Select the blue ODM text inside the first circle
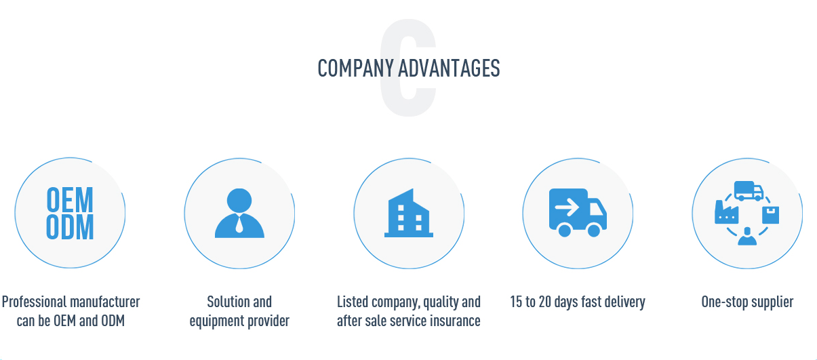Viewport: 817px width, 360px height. click(x=70, y=228)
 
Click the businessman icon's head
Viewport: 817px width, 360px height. click(x=239, y=201)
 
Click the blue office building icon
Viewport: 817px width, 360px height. click(x=409, y=213)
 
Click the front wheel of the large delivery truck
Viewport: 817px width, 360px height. click(x=594, y=231)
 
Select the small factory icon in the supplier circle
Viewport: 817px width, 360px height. click(x=725, y=212)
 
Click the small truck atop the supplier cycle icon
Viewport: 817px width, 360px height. click(x=749, y=191)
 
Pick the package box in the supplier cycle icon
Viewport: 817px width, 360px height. click(x=770, y=215)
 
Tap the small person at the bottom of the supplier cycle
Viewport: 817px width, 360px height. click(x=747, y=236)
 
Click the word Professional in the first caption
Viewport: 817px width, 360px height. click(x=34, y=302)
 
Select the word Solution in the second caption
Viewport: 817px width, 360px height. click(x=224, y=302)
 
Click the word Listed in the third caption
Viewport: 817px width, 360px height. click(x=353, y=302)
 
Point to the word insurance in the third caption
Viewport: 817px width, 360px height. click(x=454, y=321)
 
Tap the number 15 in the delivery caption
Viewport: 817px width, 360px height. click(x=516, y=302)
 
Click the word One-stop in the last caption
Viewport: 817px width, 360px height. click(x=722, y=302)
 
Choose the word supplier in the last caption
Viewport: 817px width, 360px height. click(x=771, y=302)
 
